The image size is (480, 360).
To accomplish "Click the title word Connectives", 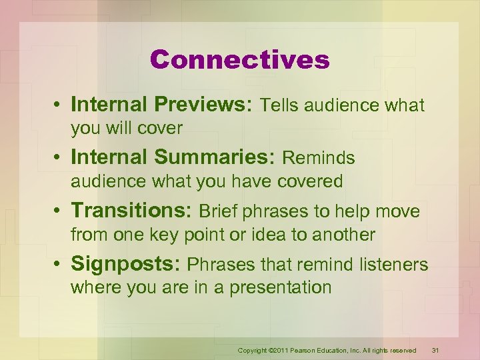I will coord(240,60).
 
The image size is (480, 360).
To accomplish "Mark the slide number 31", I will coord(435,350).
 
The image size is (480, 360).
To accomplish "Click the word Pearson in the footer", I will coord(297,351).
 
